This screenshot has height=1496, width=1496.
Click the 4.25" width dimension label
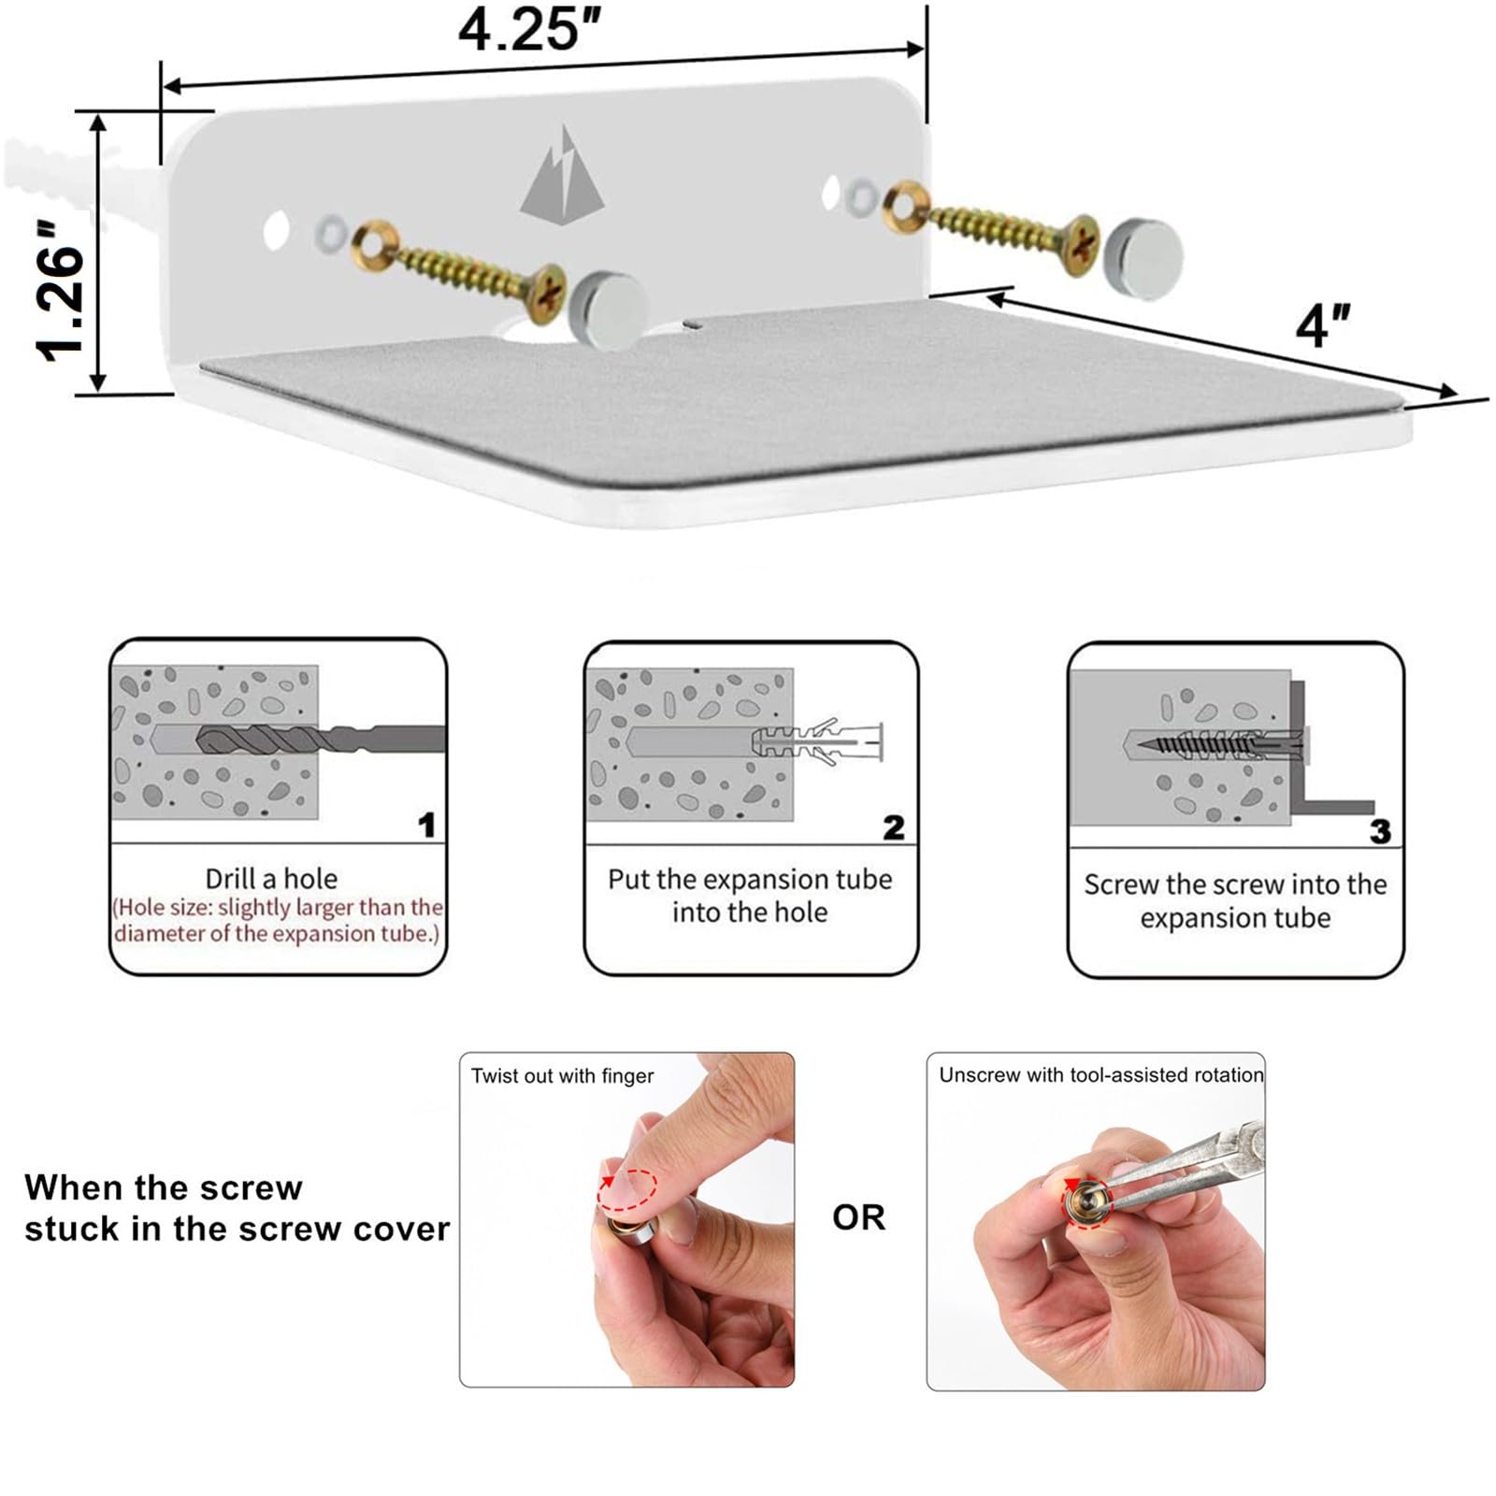tap(529, 29)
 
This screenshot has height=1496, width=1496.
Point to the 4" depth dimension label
tap(1323, 325)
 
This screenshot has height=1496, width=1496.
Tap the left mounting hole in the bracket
tap(276, 230)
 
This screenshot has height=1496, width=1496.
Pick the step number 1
tap(426, 825)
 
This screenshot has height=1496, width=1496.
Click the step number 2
tap(894, 827)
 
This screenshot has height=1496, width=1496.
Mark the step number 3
tap(1380, 831)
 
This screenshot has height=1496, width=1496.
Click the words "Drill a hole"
tap(271, 879)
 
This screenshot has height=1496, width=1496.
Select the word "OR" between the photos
tap(858, 1216)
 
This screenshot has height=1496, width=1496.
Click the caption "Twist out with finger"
tap(562, 1076)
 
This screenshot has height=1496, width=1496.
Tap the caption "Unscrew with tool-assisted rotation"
tap(1100, 1075)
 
